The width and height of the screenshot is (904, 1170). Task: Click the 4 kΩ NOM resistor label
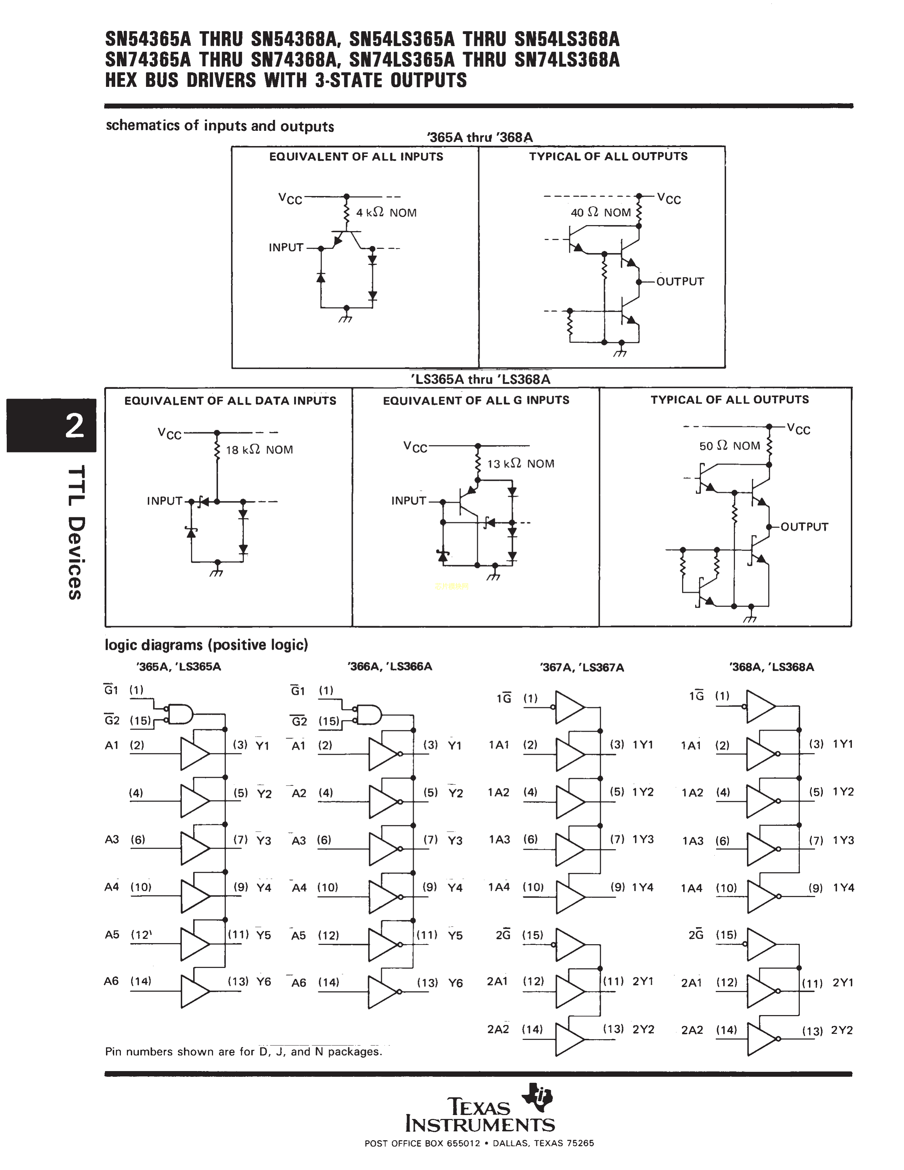pyautogui.click(x=386, y=213)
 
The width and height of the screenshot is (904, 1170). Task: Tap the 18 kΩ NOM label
pyautogui.click(x=259, y=450)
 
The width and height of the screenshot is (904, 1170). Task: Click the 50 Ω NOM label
pyautogui.click(x=730, y=446)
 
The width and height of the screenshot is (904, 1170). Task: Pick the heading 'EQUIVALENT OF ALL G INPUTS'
pyautogui.click(x=475, y=400)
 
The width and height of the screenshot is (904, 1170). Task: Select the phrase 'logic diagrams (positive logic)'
pyautogui.click(x=206, y=645)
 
